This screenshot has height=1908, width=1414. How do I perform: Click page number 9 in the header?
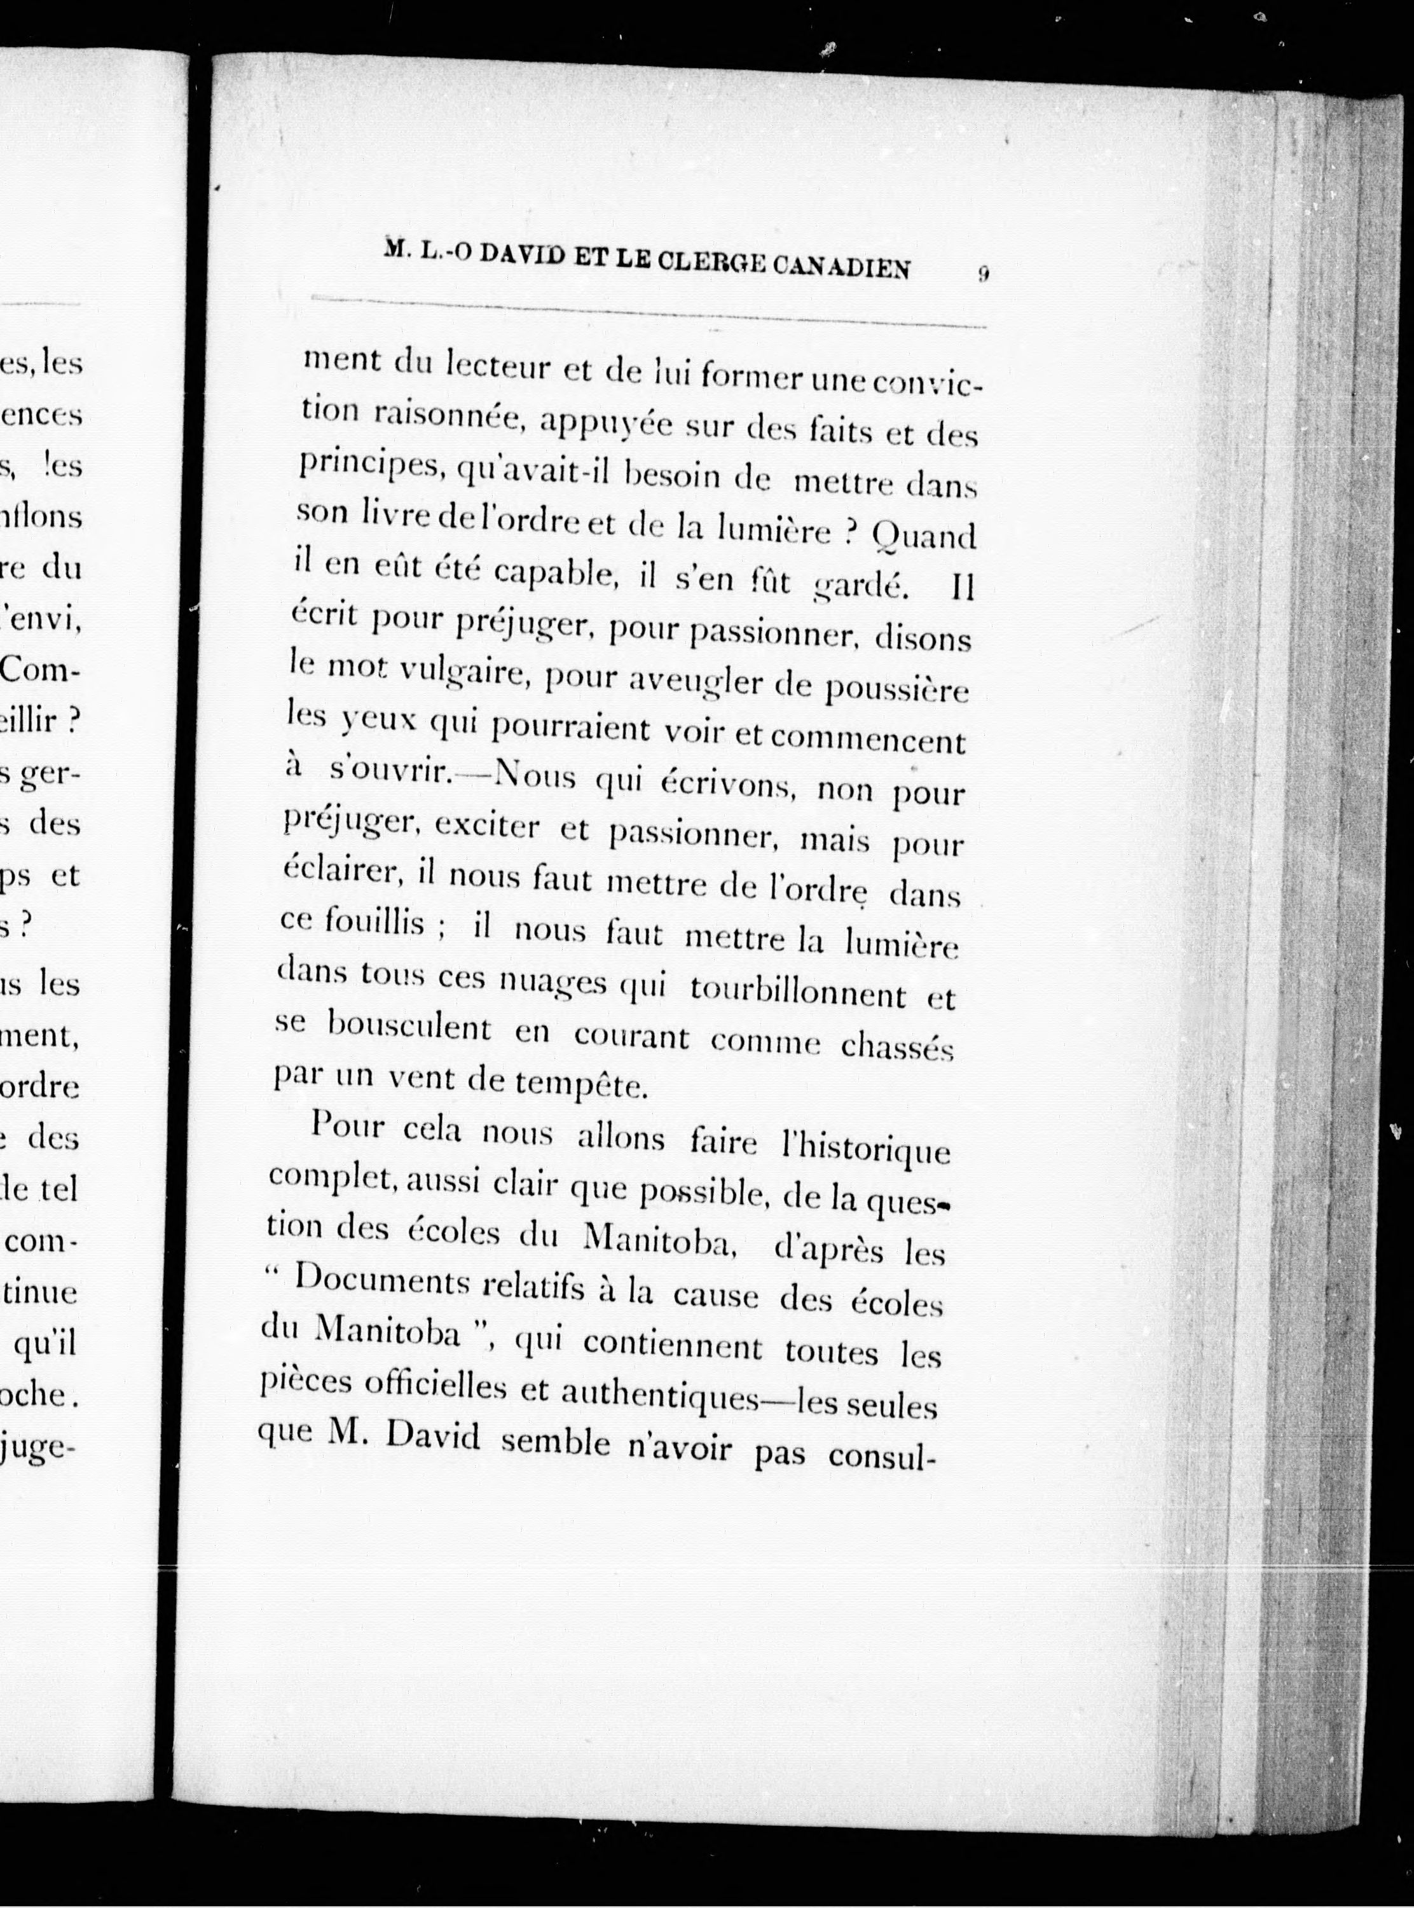[x=984, y=274]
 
